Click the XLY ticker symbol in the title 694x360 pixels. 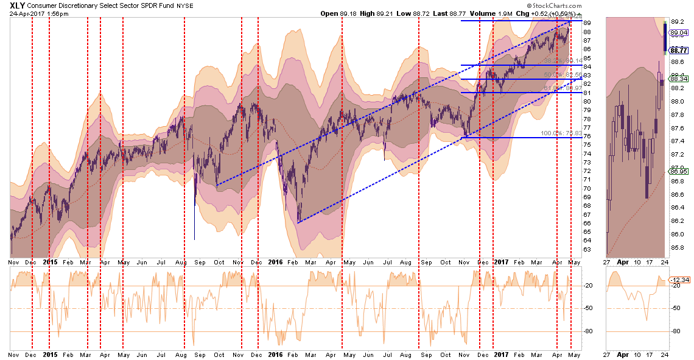click(18, 5)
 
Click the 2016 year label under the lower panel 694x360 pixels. click(275, 354)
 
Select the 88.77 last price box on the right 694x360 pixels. click(679, 51)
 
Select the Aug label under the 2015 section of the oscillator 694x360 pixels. click(181, 354)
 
